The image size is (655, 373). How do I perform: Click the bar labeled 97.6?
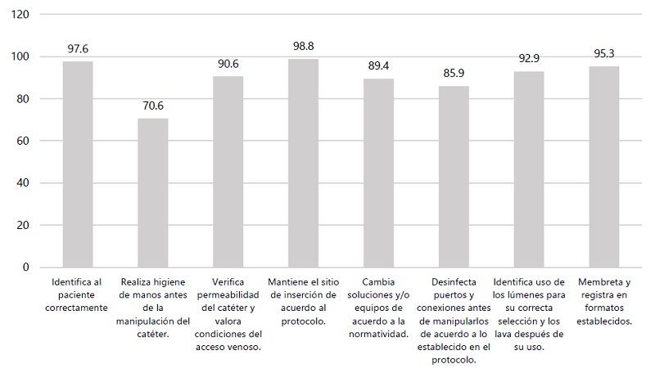coord(78,164)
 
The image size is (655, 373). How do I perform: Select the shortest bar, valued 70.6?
coord(153,193)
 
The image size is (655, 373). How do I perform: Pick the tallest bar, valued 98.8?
coord(304,163)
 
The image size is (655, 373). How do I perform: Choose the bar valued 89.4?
coord(378,173)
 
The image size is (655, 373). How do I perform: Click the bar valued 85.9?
coord(454,177)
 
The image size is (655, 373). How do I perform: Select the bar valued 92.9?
coord(529,169)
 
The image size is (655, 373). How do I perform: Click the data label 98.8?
coord(304,46)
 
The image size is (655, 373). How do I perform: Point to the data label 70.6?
coord(153,106)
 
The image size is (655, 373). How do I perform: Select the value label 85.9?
coord(454,74)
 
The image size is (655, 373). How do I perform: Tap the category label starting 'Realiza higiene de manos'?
coord(153,308)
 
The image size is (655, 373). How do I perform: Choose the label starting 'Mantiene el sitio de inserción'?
coord(304,302)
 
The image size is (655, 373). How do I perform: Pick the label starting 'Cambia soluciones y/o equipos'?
coord(378,308)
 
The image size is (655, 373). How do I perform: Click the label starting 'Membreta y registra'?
coord(604,302)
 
